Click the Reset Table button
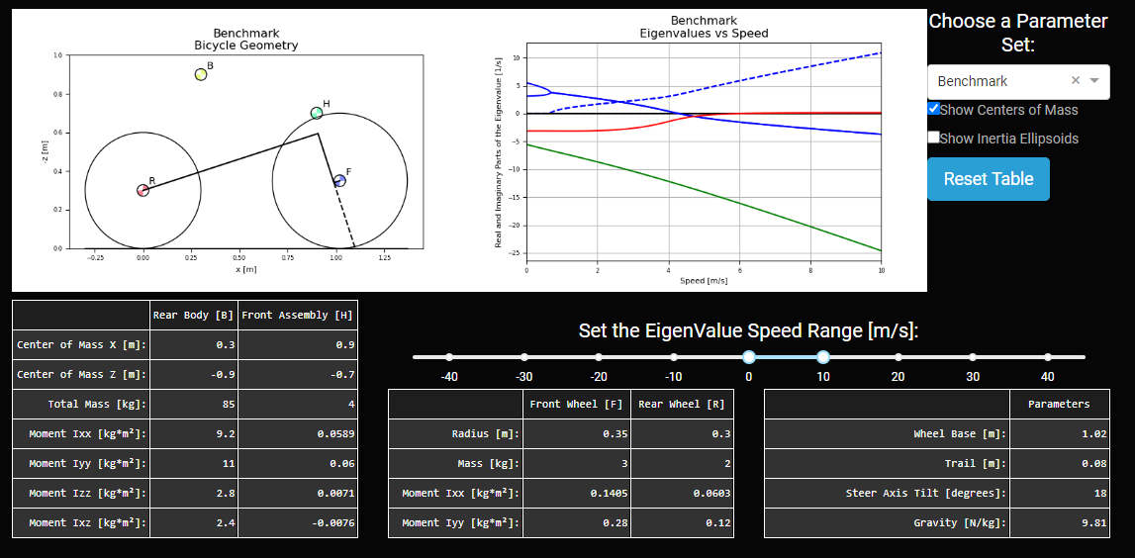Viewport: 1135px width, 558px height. point(988,179)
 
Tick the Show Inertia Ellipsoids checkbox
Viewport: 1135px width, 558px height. point(934,138)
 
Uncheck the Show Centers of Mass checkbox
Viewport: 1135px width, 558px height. point(934,109)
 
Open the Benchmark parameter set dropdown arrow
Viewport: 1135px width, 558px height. point(1094,81)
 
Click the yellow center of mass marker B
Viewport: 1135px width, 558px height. point(201,74)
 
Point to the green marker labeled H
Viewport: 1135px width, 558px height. point(317,113)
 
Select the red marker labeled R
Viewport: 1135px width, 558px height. point(142,190)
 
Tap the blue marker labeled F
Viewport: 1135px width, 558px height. point(339,180)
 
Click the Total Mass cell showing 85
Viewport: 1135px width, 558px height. point(194,404)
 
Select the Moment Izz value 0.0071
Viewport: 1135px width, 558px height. point(298,493)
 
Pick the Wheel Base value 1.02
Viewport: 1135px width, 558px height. point(1061,433)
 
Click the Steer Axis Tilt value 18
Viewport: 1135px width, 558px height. point(1061,493)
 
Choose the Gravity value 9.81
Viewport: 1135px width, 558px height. point(1061,522)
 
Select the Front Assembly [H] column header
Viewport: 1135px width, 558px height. point(298,315)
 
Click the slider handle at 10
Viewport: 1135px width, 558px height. point(823,357)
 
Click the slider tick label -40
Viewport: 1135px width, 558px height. point(449,377)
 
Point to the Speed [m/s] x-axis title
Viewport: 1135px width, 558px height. point(704,281)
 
